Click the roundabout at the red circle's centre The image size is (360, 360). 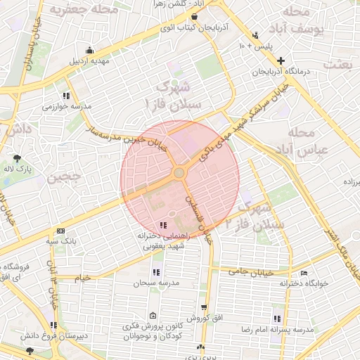[180, 172]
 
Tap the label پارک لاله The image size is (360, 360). [18, 169]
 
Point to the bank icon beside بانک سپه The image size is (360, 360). [61, 231]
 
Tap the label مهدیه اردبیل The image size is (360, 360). [89, 60]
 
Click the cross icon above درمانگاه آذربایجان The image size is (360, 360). [281, 60]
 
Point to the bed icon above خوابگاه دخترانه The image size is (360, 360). [304, 273]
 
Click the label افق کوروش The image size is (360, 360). [207, 318]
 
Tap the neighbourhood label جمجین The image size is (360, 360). [67, 178]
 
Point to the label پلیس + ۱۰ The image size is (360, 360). [251, 46]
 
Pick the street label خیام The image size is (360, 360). [83, 278]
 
